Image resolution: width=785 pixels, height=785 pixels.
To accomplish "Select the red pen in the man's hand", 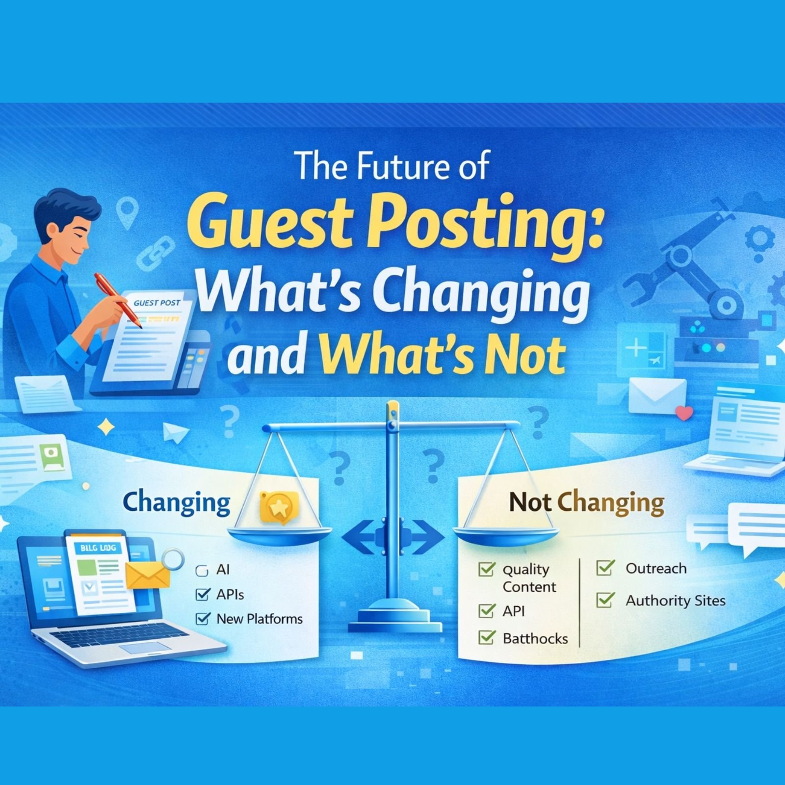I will point(118,299).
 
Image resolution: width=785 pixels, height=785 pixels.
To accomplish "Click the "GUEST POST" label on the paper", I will point(157,303).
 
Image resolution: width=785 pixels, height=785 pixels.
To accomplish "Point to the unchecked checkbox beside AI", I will point(202,571).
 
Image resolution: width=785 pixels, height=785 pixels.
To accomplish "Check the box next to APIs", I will point(202,595).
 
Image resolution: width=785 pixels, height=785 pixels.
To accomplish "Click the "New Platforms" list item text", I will point(260,619).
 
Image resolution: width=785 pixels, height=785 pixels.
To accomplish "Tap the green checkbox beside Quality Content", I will point(486,570).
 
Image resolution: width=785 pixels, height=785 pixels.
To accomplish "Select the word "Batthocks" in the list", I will point(535,638).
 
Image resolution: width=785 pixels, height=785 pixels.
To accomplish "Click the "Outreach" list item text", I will point(656,569).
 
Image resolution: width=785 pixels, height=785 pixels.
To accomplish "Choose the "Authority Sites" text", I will point(675,601).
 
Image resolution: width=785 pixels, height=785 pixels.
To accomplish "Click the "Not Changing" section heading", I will point(586,502).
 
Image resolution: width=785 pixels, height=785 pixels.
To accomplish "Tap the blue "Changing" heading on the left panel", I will point(176,502).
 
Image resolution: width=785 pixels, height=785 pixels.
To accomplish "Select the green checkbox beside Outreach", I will point(605,568).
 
